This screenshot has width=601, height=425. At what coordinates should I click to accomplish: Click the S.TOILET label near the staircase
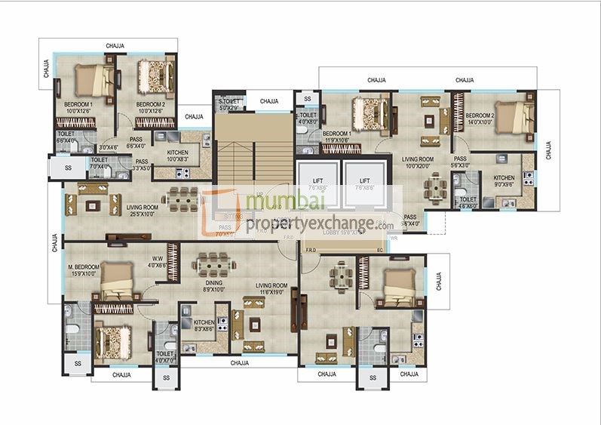(x=229, y=104)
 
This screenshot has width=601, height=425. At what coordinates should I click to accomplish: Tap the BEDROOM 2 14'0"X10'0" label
(x=480, y=119)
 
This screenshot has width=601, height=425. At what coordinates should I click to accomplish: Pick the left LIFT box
(x=317, y=185)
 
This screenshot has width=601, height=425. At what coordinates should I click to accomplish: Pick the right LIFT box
(x=364, y=185)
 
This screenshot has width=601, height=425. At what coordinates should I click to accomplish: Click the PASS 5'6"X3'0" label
(x=460, y=162)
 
